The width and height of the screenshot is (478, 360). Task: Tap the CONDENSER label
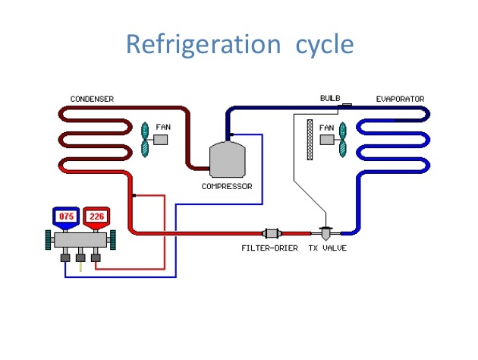pyautogui.click(x=93, y=99)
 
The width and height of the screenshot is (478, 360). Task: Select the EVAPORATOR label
pyautogui.click(x=400, y=99)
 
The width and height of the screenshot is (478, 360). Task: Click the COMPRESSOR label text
pyautogui.click(x=227, y=186)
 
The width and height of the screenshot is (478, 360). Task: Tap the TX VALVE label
pyautogui.click(x=327, y=248)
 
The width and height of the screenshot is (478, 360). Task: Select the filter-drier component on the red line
pyautogui.click(x=272, y=232)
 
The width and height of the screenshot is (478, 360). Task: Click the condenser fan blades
pyautogui.click(x=146, y=139)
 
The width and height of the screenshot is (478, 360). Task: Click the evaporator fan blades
pyautogui.click(x=342, y=139)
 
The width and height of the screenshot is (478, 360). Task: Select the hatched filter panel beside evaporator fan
pyautogui.click(x=310, y=140)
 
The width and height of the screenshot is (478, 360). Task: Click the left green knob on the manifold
pyautogui.click(x=49, y=240)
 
